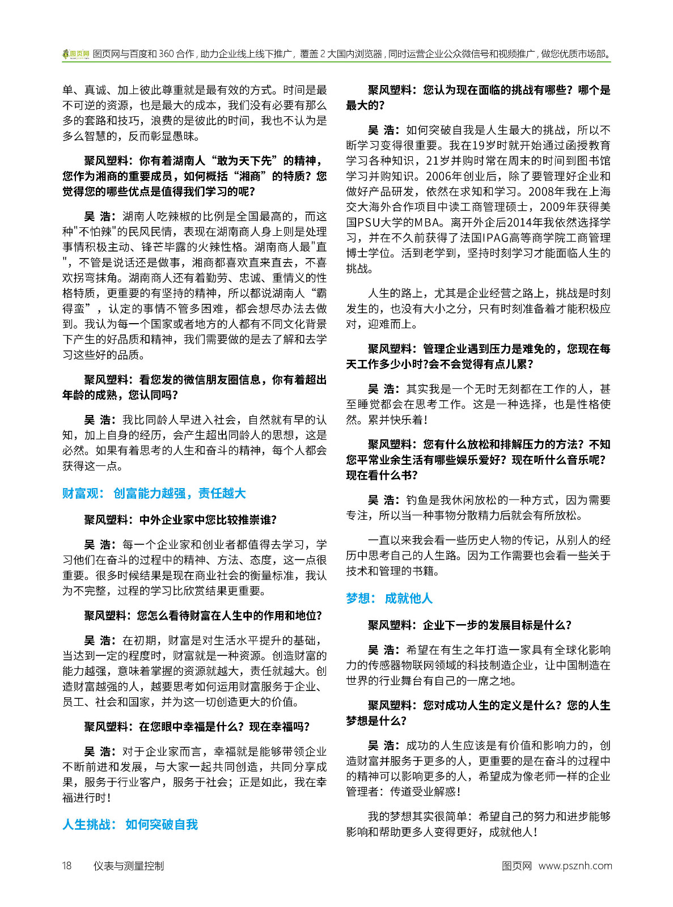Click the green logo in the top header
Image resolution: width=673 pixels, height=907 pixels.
(76, 54)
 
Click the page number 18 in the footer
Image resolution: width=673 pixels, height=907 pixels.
(67, 866)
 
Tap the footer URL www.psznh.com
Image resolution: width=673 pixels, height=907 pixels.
(575, 866)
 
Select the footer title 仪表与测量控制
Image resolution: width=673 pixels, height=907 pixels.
(129, 866)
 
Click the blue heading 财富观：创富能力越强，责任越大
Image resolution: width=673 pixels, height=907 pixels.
(154, 493)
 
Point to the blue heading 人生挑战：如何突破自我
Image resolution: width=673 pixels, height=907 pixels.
(130, 824)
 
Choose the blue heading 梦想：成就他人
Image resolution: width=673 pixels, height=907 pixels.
(389, 598)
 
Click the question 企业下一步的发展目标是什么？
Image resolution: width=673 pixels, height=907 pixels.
(497, 625)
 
